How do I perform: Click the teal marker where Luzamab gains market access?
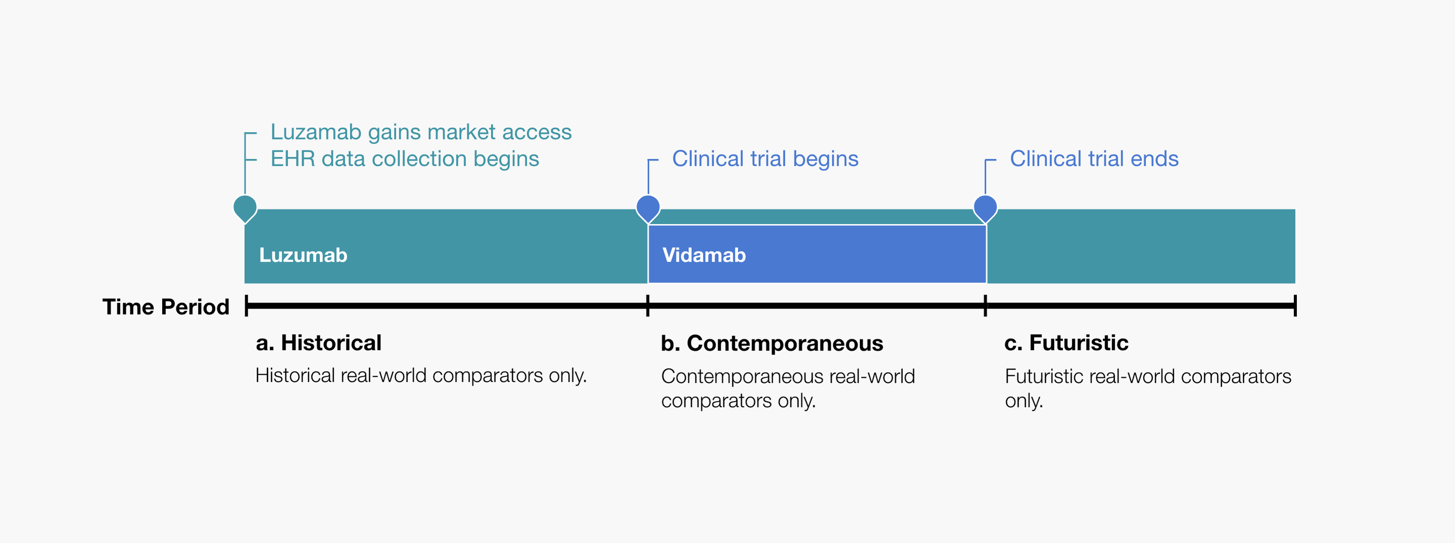tap(245, 209)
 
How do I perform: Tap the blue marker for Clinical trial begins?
tap(648, 209)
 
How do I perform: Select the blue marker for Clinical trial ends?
tap(985, 209)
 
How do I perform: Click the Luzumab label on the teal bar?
tap(303, 255)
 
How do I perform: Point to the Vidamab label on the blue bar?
tap(705, 255)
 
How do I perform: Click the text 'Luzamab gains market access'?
tap(421, 132)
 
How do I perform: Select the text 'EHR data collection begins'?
tap(405, 159)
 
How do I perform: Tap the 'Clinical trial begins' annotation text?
tap(765, 159)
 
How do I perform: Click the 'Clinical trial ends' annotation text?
tap(1095, 159)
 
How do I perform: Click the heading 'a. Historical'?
tap(318, 343)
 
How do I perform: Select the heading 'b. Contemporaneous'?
tap(772, 343)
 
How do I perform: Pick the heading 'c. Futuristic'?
tap(1066, 343)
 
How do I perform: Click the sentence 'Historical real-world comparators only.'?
tap(421, 376)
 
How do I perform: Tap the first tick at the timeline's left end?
tap(247, 306)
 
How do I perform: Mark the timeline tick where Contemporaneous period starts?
tap(648, 306)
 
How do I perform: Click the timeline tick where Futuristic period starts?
tap(985, 306)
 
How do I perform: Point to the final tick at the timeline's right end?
tap(1295, 306)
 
